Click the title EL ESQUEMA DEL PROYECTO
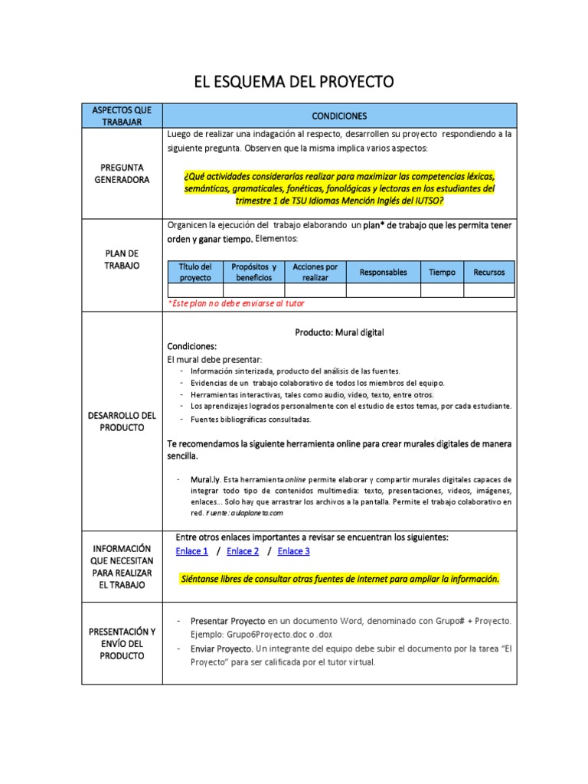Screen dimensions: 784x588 click(294, 83)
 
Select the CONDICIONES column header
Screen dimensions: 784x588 click(339, 116)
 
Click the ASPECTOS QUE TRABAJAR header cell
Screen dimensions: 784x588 click(121, 116)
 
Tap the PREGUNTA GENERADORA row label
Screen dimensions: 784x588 click(121, 173)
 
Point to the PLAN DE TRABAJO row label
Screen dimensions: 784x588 click(121, 259)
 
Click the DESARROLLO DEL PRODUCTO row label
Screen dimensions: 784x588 click(121, 421)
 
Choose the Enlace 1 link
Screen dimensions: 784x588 click(191, 551)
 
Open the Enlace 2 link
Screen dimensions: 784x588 click(243, 551)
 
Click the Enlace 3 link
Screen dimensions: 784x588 click(293, 551)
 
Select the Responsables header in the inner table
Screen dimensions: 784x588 click(383, 273)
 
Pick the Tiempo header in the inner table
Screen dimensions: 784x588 click(442, 273)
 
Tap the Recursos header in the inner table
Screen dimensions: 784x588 click(489, 273)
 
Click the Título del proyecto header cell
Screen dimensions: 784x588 click(194, 272)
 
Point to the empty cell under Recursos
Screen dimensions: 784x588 click(489, 290)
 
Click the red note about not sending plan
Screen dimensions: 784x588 click(236, 304)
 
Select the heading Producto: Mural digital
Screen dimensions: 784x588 click(339, 332)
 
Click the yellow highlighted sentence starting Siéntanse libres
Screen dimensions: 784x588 click(339, 579)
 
